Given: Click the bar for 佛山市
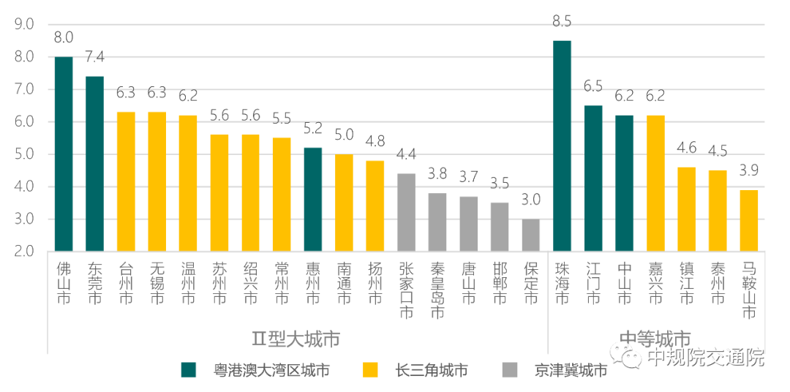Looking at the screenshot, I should tap(64, 154).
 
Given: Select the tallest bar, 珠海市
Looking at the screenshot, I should tap(562, 146).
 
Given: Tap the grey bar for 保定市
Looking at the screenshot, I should tap(531, 235).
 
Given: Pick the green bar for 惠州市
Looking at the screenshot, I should tap(313, 199).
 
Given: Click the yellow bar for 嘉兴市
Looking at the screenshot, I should tap(655, 183).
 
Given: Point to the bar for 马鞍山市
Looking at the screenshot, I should tap(748, 220).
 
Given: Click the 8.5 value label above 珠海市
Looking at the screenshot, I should tap(562, 23).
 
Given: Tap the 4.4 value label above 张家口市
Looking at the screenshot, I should tap(407, 156).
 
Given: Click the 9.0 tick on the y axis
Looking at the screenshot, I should tap(24, 24).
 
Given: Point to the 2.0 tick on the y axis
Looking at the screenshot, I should tap(24, 252).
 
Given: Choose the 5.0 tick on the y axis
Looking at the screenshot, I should tap(24, 154).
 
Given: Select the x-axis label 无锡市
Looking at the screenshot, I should tap(157, 283).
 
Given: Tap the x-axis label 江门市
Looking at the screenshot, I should tap(593, 283).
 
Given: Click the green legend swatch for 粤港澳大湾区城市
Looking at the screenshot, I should tap(188, 370).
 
